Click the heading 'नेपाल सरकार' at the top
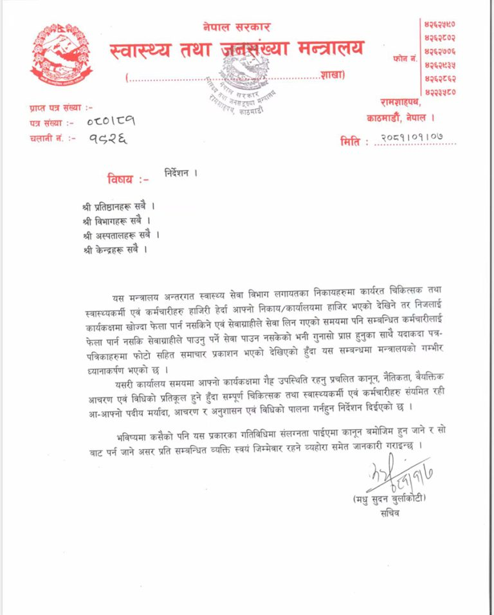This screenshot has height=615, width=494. pyautogui.click(x=236, y=28)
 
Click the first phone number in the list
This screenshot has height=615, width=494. pyautogui.click(x=440, y=24)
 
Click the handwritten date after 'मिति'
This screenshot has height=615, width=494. pyautogui.click(x=412, y=138)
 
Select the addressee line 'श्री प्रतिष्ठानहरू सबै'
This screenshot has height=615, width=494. pyautogui.click(x=118, y=207)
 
